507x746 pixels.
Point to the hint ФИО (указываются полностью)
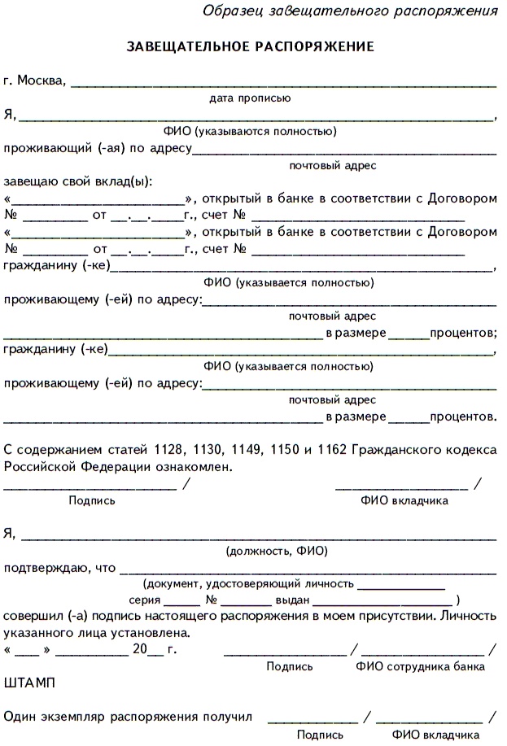coord(250,131)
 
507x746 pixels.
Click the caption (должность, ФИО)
coord(277,551)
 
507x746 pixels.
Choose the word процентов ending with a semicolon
coord(463,333)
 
